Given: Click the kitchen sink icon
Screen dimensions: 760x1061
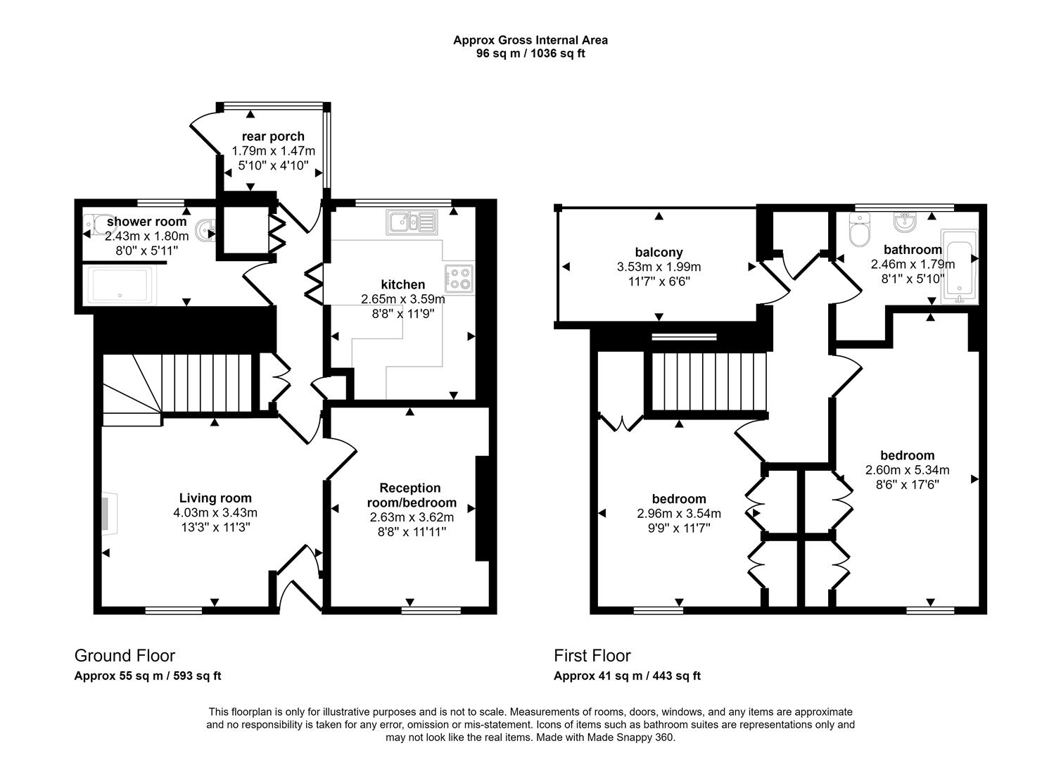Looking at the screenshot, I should click(x=412, y=222).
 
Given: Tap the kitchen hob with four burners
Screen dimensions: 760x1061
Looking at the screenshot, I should click(x=460, y=278).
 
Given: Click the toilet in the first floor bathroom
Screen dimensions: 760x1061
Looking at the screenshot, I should click(x=860, y=230).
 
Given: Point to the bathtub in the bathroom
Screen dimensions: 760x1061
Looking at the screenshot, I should click(x=959, y=265).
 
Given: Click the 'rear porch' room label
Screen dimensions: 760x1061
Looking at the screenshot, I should click(x=273, y=137).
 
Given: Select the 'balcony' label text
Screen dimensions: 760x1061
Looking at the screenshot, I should click(x=659, y=252).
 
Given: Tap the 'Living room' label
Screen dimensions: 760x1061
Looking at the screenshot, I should click(x=215, y=498).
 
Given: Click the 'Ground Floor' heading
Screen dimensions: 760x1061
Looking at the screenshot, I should click(x=125, y=656).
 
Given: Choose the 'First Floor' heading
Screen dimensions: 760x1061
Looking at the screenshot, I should click(x=592, y=656).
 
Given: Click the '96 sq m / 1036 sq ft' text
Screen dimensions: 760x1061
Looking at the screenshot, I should click(x=530, y=53).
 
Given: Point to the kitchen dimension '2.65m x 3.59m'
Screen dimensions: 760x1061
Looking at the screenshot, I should click(x=402, y=299).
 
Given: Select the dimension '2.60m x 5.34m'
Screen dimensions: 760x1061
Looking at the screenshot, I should click(x=907, y=470).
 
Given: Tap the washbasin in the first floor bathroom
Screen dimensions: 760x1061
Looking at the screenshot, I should click(x=903, y=222).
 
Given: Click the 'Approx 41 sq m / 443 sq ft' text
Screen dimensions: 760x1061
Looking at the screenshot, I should click(x=627, y=676).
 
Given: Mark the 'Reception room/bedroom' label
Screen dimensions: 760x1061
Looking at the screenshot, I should click(x=411, y=495).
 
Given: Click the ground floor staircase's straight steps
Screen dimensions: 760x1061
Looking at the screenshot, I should click(x=207, y=383).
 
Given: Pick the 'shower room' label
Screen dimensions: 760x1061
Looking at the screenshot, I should click(x=146, y=222).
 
